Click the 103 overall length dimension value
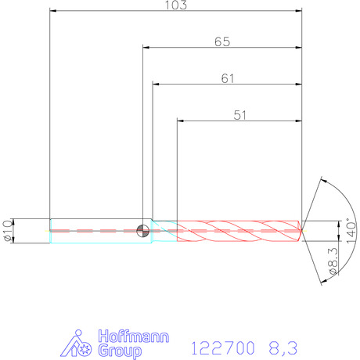tap(176, 5)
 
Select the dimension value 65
tap(222, 41)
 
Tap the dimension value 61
tap(228, 78)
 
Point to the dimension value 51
tap(239, 115)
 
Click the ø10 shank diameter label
tap(8, 231)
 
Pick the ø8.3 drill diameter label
tap(333, 261)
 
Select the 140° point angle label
tap(351, 231)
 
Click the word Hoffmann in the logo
tap(134, 337)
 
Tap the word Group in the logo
tap(120, 351)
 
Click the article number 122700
tap(223, 348)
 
